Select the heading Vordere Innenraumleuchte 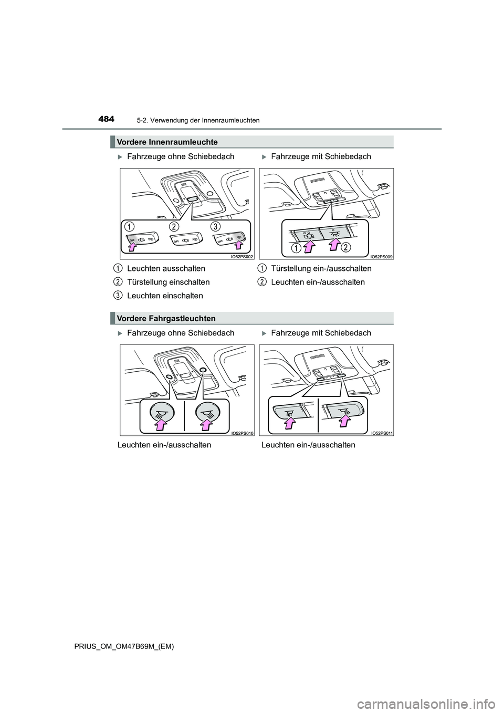point(167,142)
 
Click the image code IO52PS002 point(241,256)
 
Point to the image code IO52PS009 point(382,256)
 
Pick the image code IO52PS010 point(241,433)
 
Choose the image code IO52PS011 point(382,433)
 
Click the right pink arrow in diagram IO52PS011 point(345,420)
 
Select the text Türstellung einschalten point(168,282)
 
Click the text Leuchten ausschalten point(166,268)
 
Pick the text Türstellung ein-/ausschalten point(321,268)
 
